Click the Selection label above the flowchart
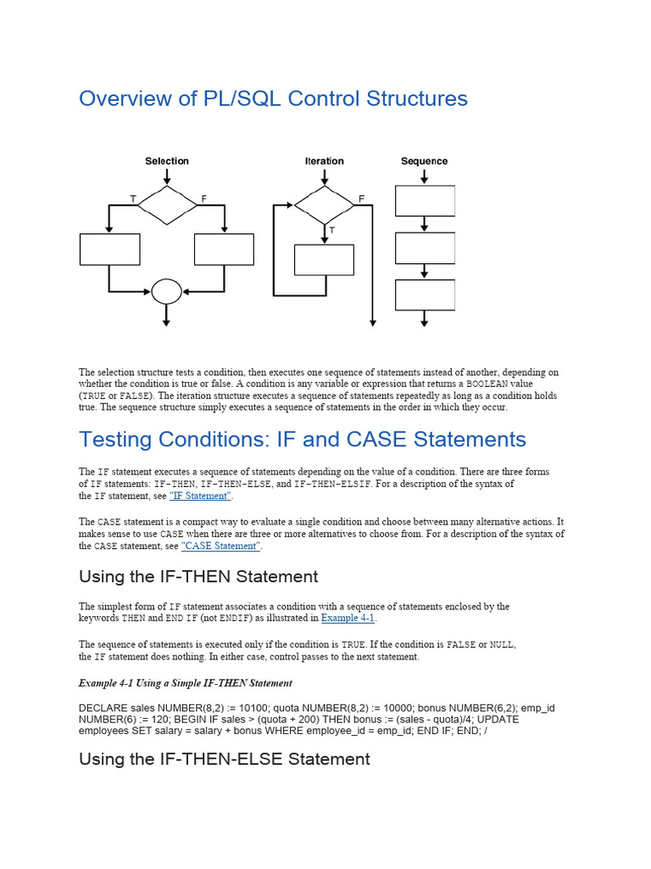click(167, 161)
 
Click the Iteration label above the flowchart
click(325, 161)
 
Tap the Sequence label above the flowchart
click(424, 161)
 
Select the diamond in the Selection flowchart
click(167, 205)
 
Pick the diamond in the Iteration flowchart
click(325, 205)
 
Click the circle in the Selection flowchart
click(166, 292)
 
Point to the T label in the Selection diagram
click(132, 199)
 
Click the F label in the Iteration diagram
click(361, 199)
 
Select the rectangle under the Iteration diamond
click(324, 260)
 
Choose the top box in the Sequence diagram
click(425, 201)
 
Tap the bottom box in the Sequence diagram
click(425, 294)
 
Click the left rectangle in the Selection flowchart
click(109, 249)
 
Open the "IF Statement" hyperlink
click(200, 496)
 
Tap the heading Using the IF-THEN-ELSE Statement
click(224, 759)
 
